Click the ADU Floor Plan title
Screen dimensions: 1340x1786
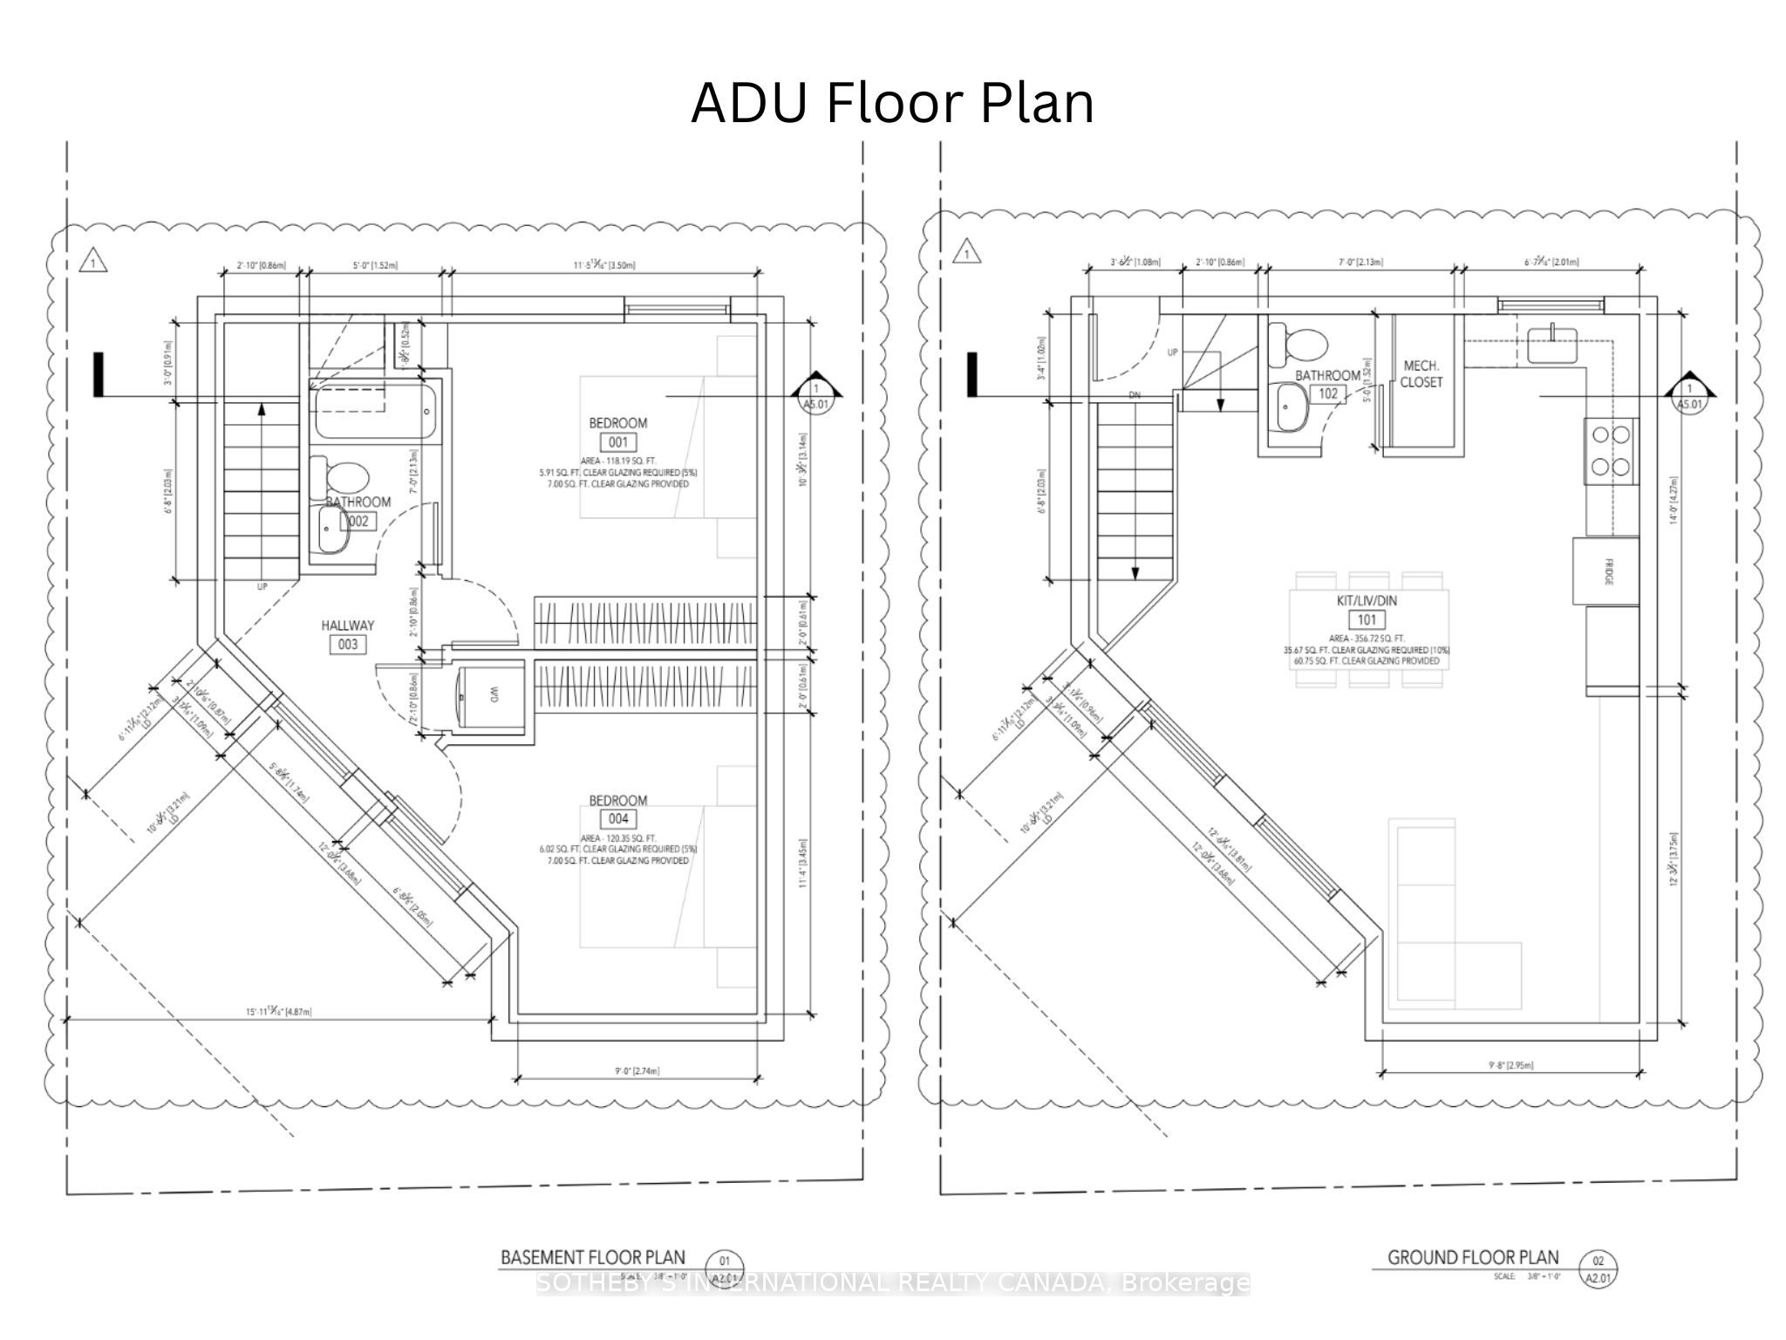pos(892,104)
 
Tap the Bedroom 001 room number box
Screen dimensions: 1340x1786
pos(617,442)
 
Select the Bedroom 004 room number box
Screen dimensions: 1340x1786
pos(617,818)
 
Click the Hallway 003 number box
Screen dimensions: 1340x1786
pos(347,645)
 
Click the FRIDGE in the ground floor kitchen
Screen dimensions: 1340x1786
pos(1605,571)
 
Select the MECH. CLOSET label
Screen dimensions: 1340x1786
pos(1421,374)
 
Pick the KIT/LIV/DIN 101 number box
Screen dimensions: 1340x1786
pos(1367,620)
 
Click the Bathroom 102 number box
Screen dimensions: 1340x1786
pos(1327,393)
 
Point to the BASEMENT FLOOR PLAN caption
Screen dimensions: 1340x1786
pos(592,1257)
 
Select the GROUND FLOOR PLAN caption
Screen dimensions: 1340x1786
pos(1473,1257)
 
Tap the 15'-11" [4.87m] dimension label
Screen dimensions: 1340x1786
pos(278,1012)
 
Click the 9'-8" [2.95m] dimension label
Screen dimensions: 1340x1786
pos(1510,1064)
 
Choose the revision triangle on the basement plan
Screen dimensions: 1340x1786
pos(92,260)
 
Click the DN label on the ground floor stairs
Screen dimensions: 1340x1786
pos(1135,395)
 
